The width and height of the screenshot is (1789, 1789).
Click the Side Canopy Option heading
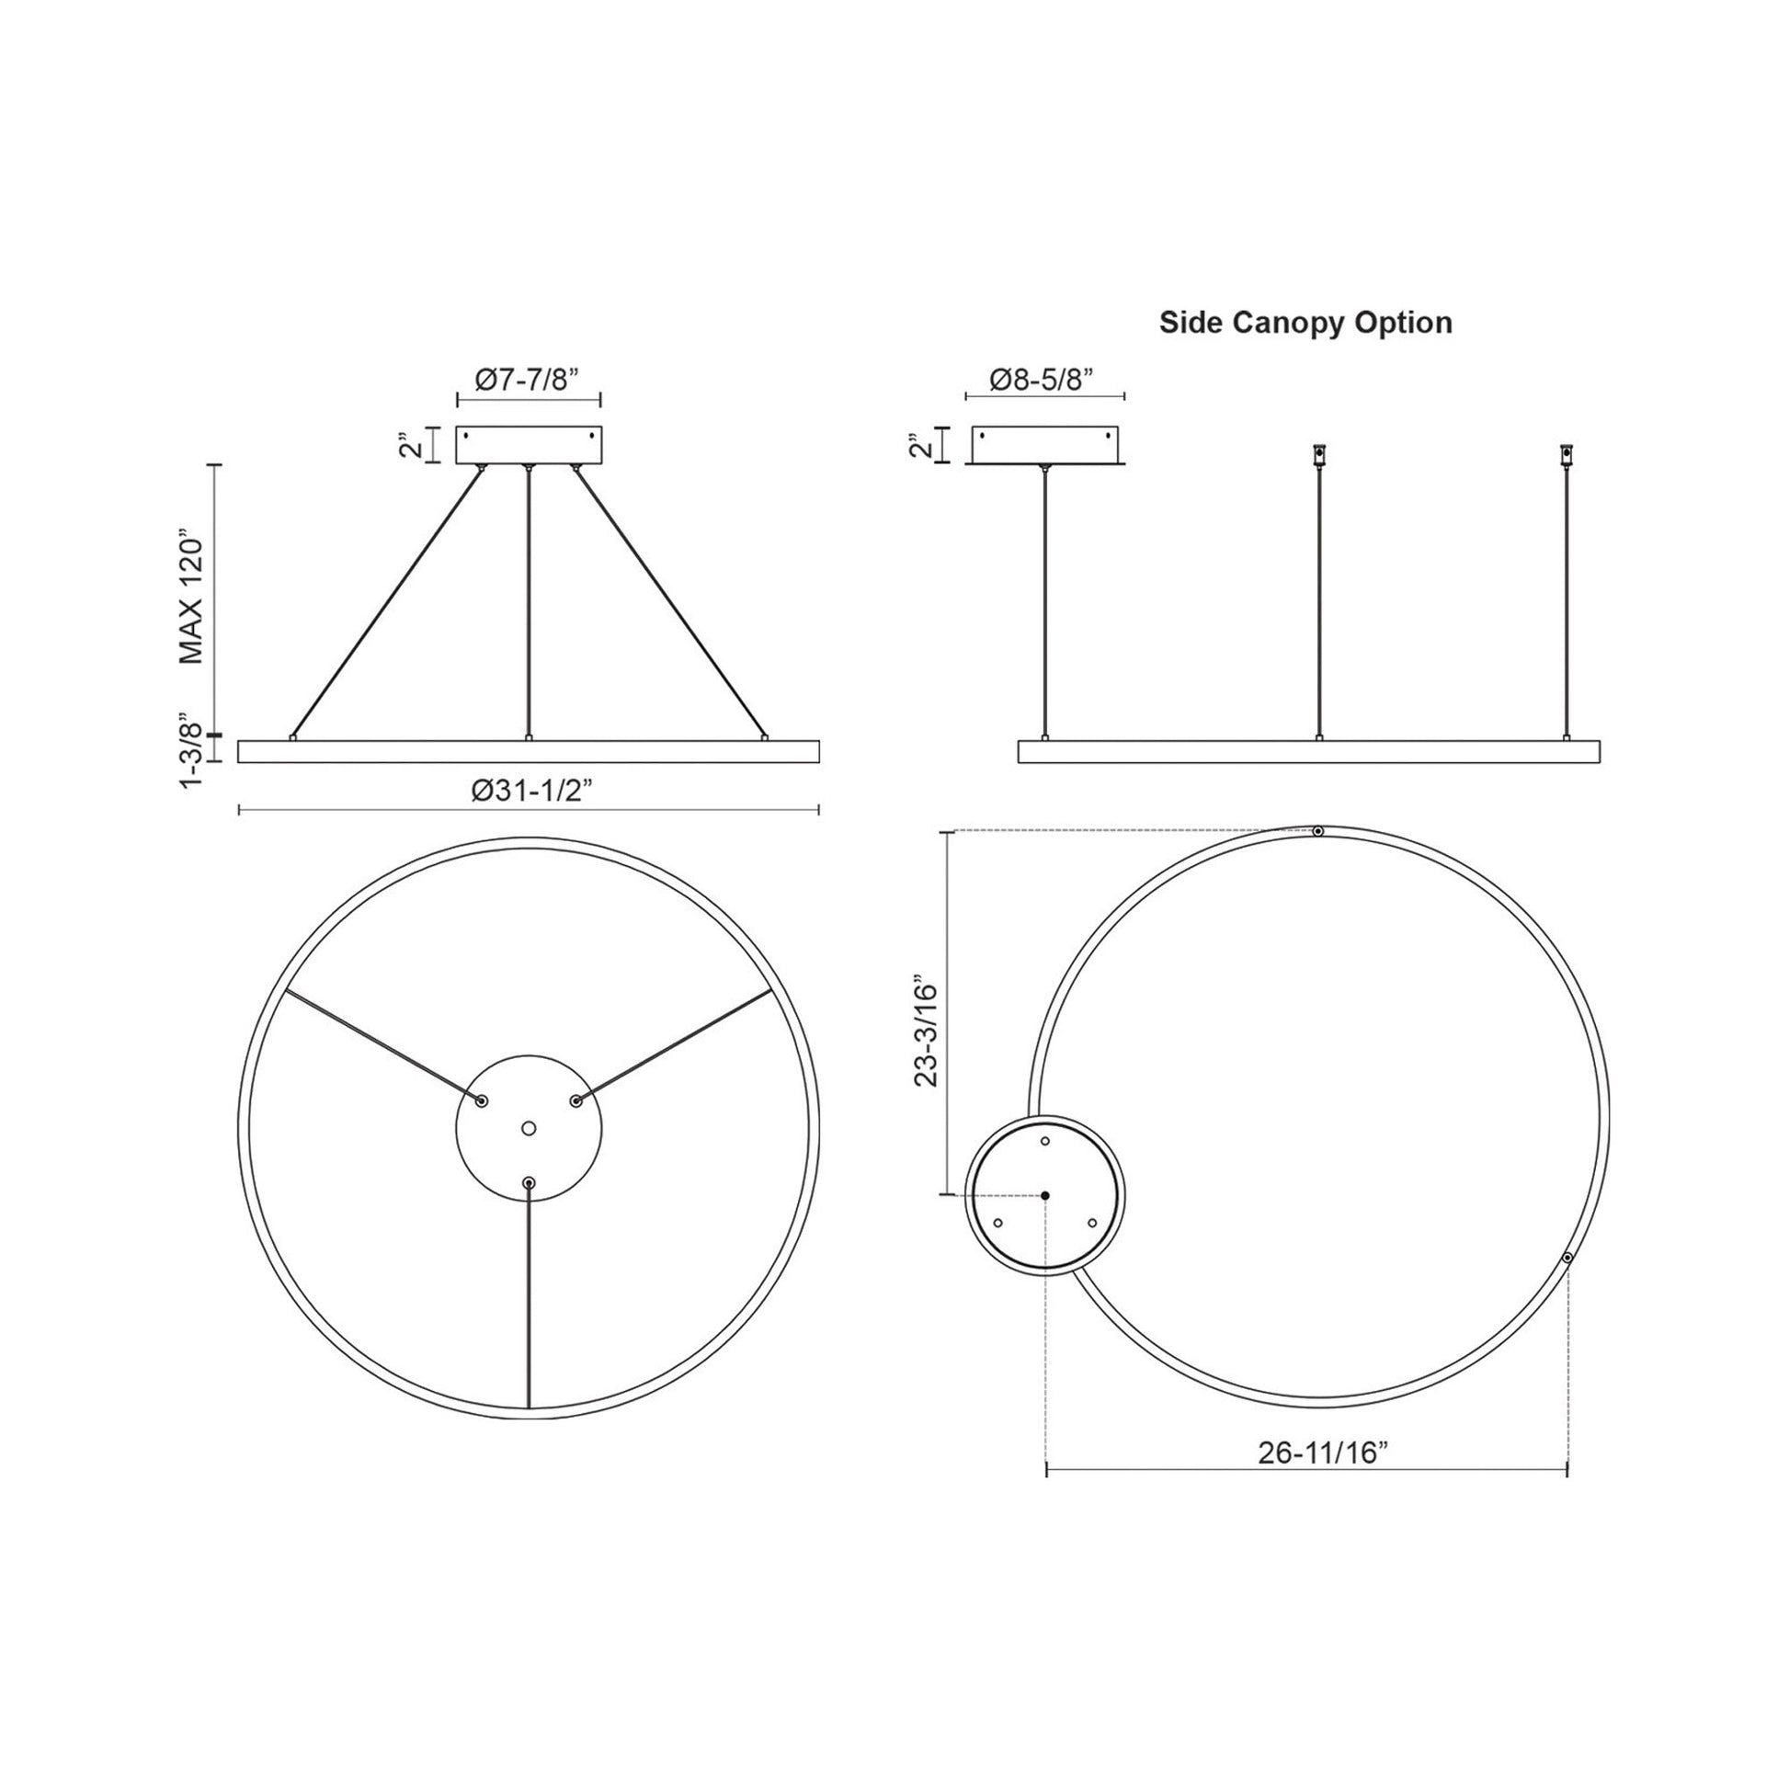(x=1305, y=324)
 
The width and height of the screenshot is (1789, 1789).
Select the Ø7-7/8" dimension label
(x=527, y=380)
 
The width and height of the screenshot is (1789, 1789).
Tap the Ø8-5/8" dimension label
(x=1043, y=380)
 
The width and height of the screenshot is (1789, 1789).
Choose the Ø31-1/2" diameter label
(x=531, y=792)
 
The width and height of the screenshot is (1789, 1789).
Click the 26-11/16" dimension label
(x=1324, y=1479)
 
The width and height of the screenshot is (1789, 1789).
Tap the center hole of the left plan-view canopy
(x=529, y=1128)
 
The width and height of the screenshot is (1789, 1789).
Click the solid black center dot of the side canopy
(x=1045, y=1195)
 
